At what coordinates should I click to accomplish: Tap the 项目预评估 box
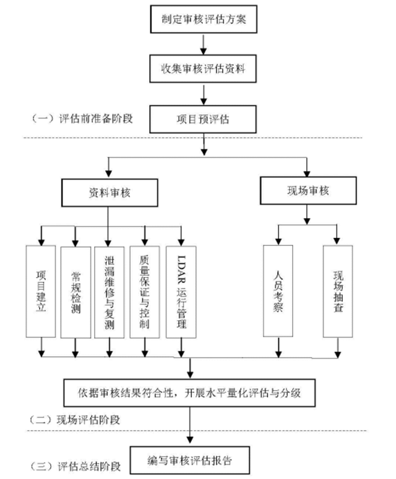tap(203, 119)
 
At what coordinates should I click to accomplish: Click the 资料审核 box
tap(108, 193)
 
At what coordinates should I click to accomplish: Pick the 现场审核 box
tap(307, 191)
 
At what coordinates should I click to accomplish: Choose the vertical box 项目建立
tap(41, 291)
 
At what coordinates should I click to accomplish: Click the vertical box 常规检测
tap(76, 291)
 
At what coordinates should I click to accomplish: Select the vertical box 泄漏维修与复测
tap(110, 291)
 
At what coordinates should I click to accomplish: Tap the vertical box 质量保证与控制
tap(145, 291)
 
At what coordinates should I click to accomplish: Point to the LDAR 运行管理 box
tap(180, 291)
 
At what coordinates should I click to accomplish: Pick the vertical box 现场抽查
tap(337, 291)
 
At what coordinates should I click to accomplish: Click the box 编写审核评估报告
tap(191, 460)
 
